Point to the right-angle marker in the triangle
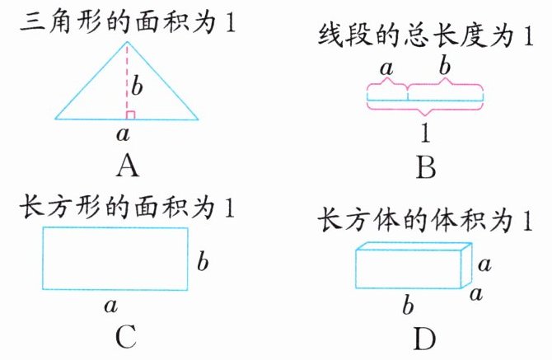click(x=130, y=115)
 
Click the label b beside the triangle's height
click(x=139, y=84)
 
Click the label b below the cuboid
click(x=407, y=307)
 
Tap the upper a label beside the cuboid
click(x=484, y=264)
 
